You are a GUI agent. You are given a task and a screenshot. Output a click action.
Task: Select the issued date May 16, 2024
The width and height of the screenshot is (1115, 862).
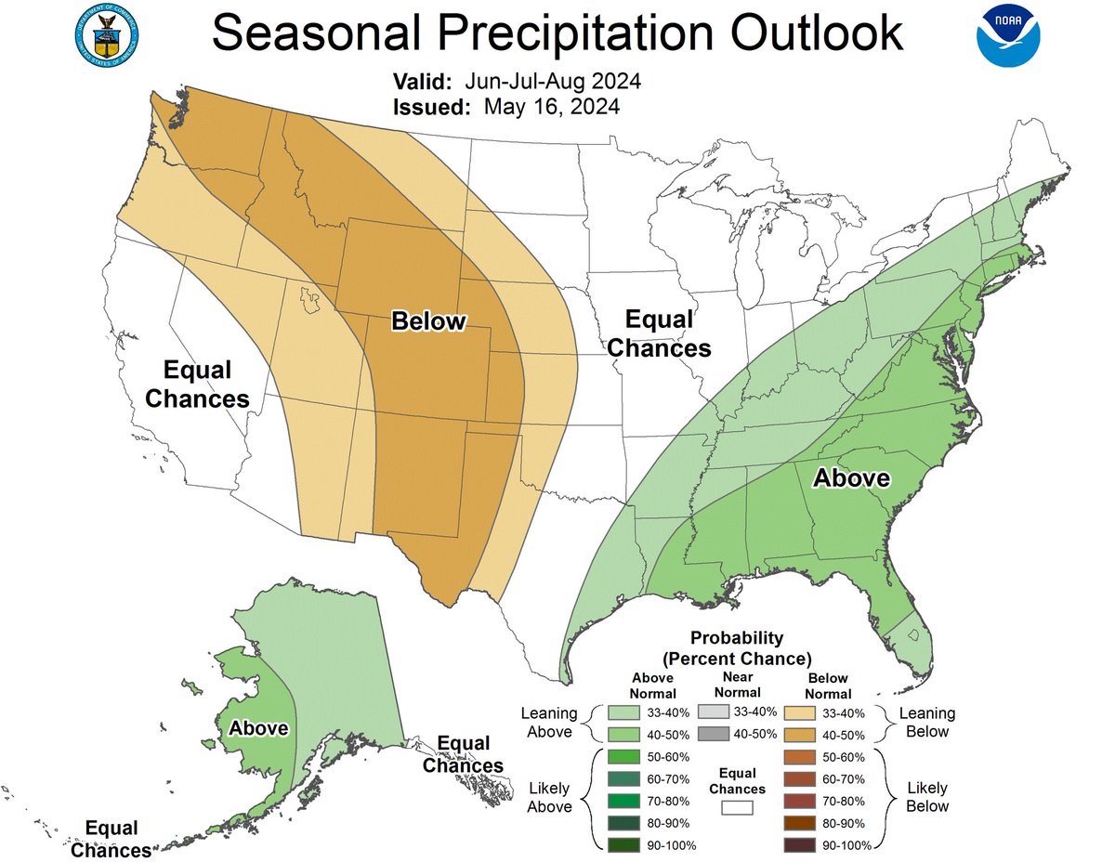[552, 107]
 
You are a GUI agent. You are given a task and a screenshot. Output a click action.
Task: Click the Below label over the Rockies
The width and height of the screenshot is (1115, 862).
[427, 321]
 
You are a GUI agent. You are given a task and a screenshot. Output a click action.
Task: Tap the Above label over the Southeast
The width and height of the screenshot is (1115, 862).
[851, 478]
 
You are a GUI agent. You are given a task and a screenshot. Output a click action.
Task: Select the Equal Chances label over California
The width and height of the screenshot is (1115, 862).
[196, 385]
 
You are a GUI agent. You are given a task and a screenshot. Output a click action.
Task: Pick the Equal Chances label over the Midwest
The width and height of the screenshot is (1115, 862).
[659, 334]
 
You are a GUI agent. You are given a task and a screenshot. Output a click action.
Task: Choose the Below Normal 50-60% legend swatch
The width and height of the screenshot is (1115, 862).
[800, 757]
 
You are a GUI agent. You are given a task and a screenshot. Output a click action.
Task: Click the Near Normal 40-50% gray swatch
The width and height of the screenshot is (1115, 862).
[717, 734]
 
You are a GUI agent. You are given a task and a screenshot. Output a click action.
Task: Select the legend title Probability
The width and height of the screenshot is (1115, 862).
[737, 639]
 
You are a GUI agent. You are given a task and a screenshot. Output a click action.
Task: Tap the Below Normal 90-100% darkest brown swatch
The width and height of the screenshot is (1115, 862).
[800, 844]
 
